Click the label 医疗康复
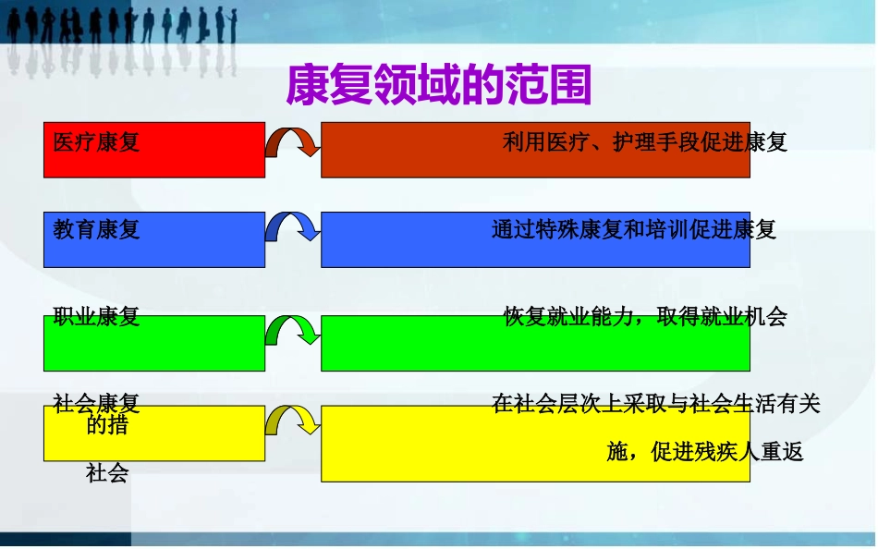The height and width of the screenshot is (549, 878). (96, 142)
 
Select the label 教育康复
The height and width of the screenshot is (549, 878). (96, 229)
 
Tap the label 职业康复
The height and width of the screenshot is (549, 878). (96, 316)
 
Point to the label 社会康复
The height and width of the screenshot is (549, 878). (96, 403)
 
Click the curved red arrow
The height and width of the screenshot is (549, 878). (292, 142)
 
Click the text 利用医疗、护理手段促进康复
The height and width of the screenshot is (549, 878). (644, 142)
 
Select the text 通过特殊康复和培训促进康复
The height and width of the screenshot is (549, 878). (633, 229)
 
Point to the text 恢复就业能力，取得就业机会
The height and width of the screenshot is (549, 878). (644, 316)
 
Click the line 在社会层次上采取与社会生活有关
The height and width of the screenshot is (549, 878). (656, 403)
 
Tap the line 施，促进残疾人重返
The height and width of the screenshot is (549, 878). (704, 452)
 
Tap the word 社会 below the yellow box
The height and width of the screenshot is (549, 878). (106, 474)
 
